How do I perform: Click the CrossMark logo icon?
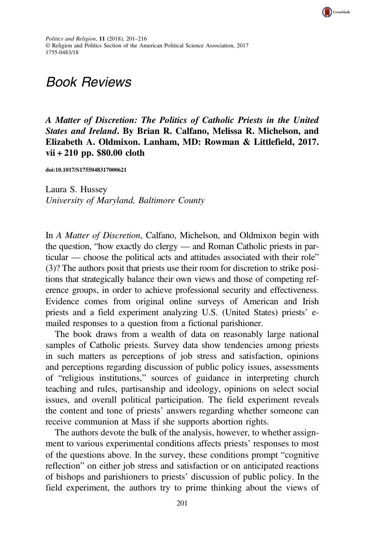327,12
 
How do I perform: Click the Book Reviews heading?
88,82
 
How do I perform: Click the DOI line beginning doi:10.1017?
86,170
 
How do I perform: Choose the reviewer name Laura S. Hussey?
76,189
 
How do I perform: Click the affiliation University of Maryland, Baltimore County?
125,200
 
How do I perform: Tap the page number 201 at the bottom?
182,503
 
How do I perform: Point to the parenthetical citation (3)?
52,269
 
